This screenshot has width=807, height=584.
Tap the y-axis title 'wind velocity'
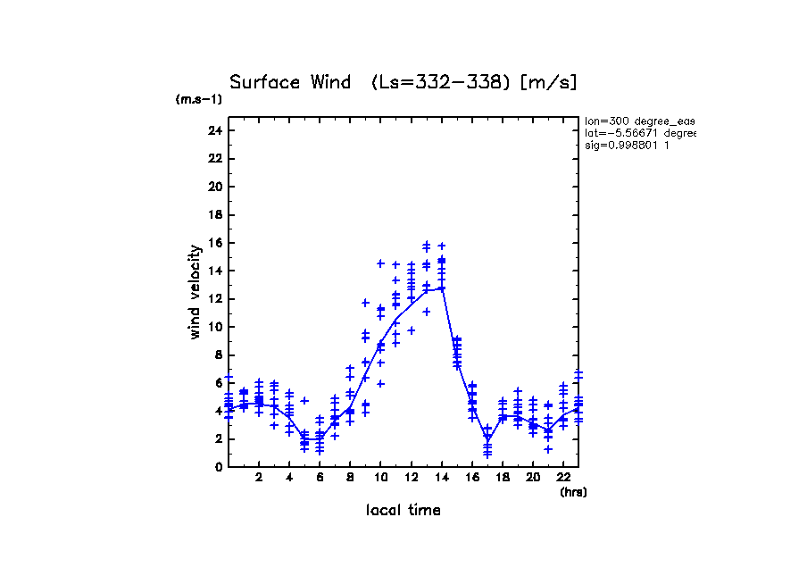click(x=196, y=292)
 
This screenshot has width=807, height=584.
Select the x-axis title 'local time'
click(x=403, y=510)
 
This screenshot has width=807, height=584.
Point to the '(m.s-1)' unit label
click(x=199, y=99)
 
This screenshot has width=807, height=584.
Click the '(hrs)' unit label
click(x=572, y=492)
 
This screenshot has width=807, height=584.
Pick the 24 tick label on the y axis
click(x=214, y=130)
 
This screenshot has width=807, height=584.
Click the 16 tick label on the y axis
click(x=214, y=243)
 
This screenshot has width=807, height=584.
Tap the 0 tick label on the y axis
click(x=218, y=467)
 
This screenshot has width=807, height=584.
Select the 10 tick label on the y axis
click(x=214, y=327)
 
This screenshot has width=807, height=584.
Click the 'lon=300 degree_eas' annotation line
click(x=639, y=121)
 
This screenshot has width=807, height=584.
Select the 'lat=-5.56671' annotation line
click(x=639, y=133)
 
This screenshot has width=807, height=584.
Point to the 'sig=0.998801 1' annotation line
click(x=628, y=145)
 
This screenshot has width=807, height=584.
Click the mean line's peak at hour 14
click(x=441, y=288)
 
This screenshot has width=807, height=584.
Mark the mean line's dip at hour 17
click(x=487, y=438)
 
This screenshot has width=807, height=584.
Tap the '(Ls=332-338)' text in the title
click(x=441, y=82)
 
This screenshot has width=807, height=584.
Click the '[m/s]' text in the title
click(x=549, y=82)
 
